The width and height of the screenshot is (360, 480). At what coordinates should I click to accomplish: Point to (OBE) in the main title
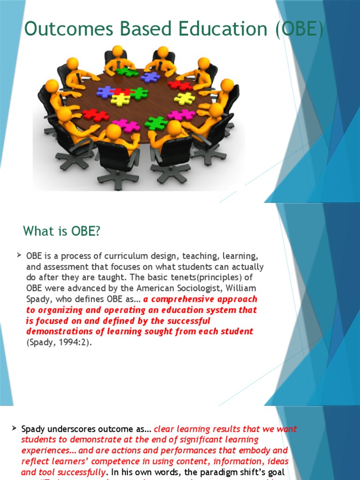[300, 29]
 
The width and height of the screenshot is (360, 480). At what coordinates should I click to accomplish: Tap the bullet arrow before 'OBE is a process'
[19, 255]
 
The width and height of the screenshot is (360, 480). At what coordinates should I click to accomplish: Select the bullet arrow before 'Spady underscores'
[15, 428]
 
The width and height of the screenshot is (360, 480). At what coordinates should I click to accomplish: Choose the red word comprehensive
[185, 299]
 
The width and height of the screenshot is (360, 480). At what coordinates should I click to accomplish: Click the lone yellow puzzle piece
[184, 98]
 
